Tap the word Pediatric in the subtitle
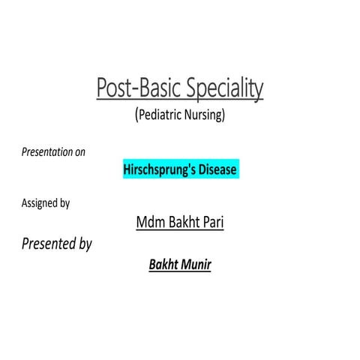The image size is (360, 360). (160, 115)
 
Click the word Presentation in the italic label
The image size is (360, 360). (46, 152)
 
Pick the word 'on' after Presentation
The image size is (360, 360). (80, 152)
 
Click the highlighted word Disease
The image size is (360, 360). (217, 169)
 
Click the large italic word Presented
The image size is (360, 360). (48, 244)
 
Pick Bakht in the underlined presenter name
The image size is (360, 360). (163, 265)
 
